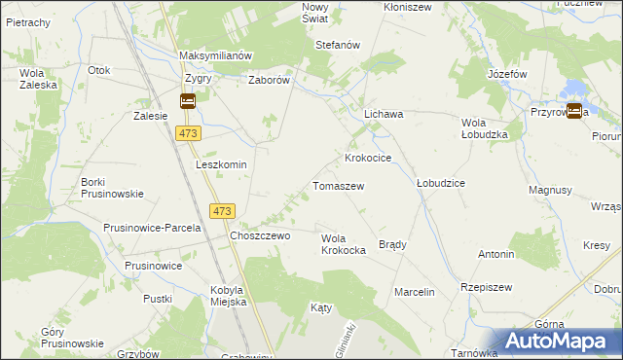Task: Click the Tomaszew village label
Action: [x=338, y=185]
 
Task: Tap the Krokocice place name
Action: [x=368, y=158]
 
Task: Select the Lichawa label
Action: [x=384, y=114]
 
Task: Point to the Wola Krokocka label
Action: [x=343, y=244]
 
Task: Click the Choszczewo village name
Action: [x=260, y=235]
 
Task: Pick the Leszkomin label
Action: [x=221, y=164]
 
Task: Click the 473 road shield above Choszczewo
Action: [x=223, y=211]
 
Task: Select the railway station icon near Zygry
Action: [x=188, y=100]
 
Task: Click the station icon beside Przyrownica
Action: [x=574, y=111]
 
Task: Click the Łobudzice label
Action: [x=440, y=183]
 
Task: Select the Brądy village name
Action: [x=392, y=244]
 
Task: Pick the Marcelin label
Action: [x=414, y=292]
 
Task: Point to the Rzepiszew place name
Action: [x=487, y=288]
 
